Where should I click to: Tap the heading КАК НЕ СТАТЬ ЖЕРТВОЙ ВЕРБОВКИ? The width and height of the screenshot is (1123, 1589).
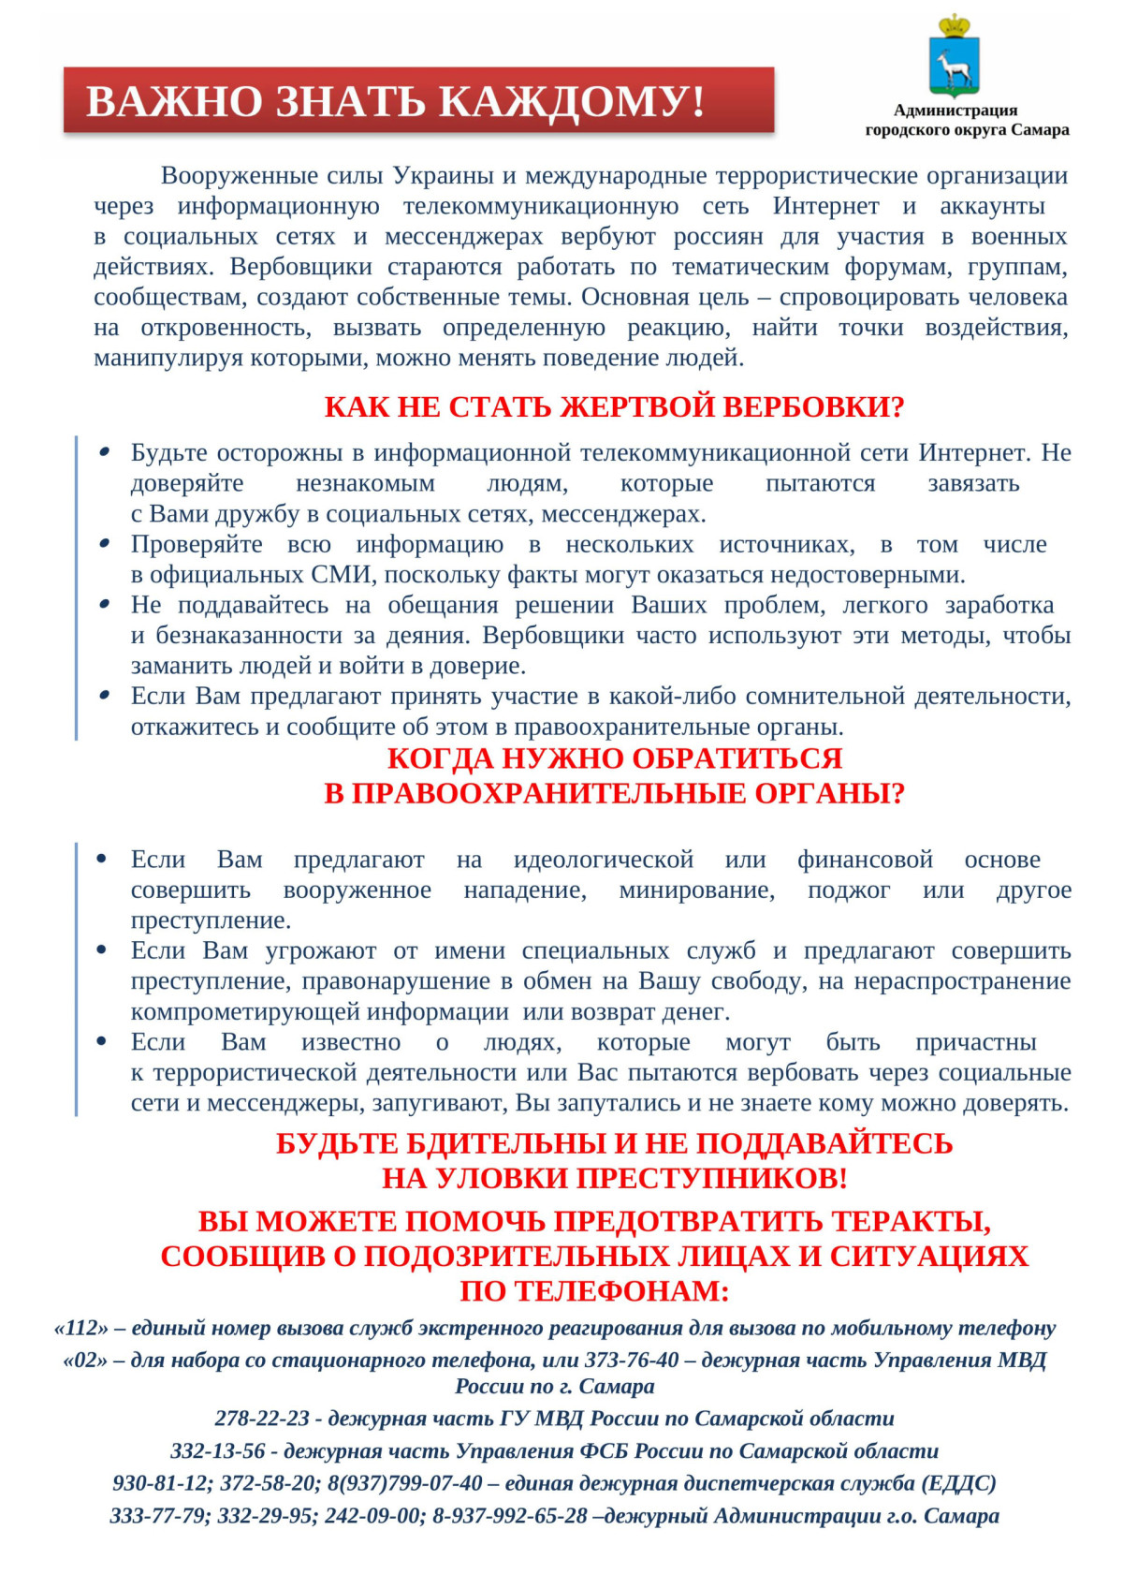coord(614,407)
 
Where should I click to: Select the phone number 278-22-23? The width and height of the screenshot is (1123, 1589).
coord(262,1419)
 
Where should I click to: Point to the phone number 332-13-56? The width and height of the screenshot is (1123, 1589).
coord(218,1450)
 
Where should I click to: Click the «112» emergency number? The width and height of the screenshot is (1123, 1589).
coord(81,1328)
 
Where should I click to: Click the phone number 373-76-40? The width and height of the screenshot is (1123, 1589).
coord(632,1360)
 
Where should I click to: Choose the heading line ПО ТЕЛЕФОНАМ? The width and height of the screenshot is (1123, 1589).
coord(594,1291)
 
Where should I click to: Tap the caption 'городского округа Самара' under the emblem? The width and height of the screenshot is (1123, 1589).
coord(967,130)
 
